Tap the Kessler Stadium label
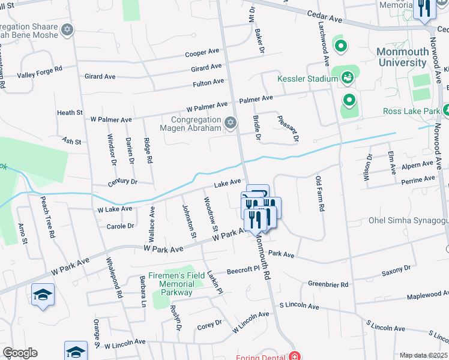[x=308, y=79]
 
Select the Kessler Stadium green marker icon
[x=347, y=77]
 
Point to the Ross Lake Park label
[x=411, y=111]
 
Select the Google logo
[x=20, y=353]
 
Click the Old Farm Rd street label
[x=321, y=193]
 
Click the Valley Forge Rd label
[x=40, y=70]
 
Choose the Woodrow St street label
[x=210, y=214]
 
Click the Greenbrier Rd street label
[x=328, y=284]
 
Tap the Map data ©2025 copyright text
[x=423, y=355]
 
